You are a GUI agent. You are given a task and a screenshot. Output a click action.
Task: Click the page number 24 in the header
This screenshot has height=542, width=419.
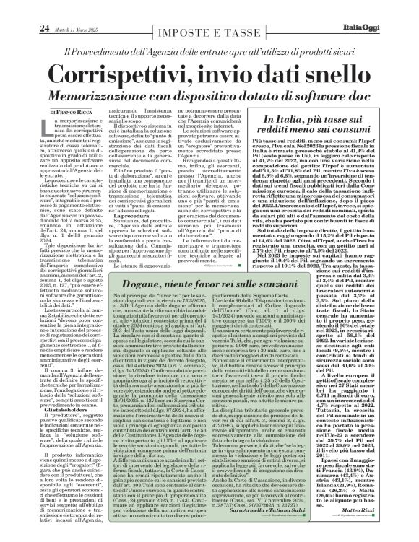23,9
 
